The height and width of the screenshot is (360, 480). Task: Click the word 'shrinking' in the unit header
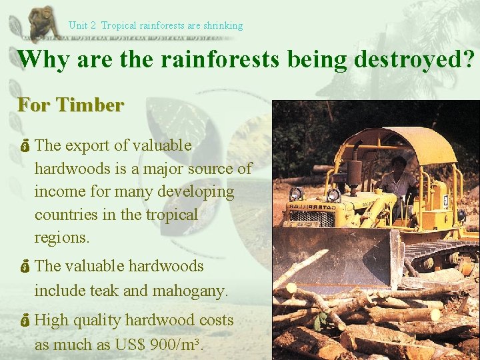tap(223, 25)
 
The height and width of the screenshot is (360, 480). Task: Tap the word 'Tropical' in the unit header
tap(118, 25)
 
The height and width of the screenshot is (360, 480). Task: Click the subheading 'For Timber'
tap(71, 105)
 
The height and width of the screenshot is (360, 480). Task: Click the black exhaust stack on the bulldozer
tap(354, 177)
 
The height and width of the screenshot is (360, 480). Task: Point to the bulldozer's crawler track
tap(440, 253)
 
